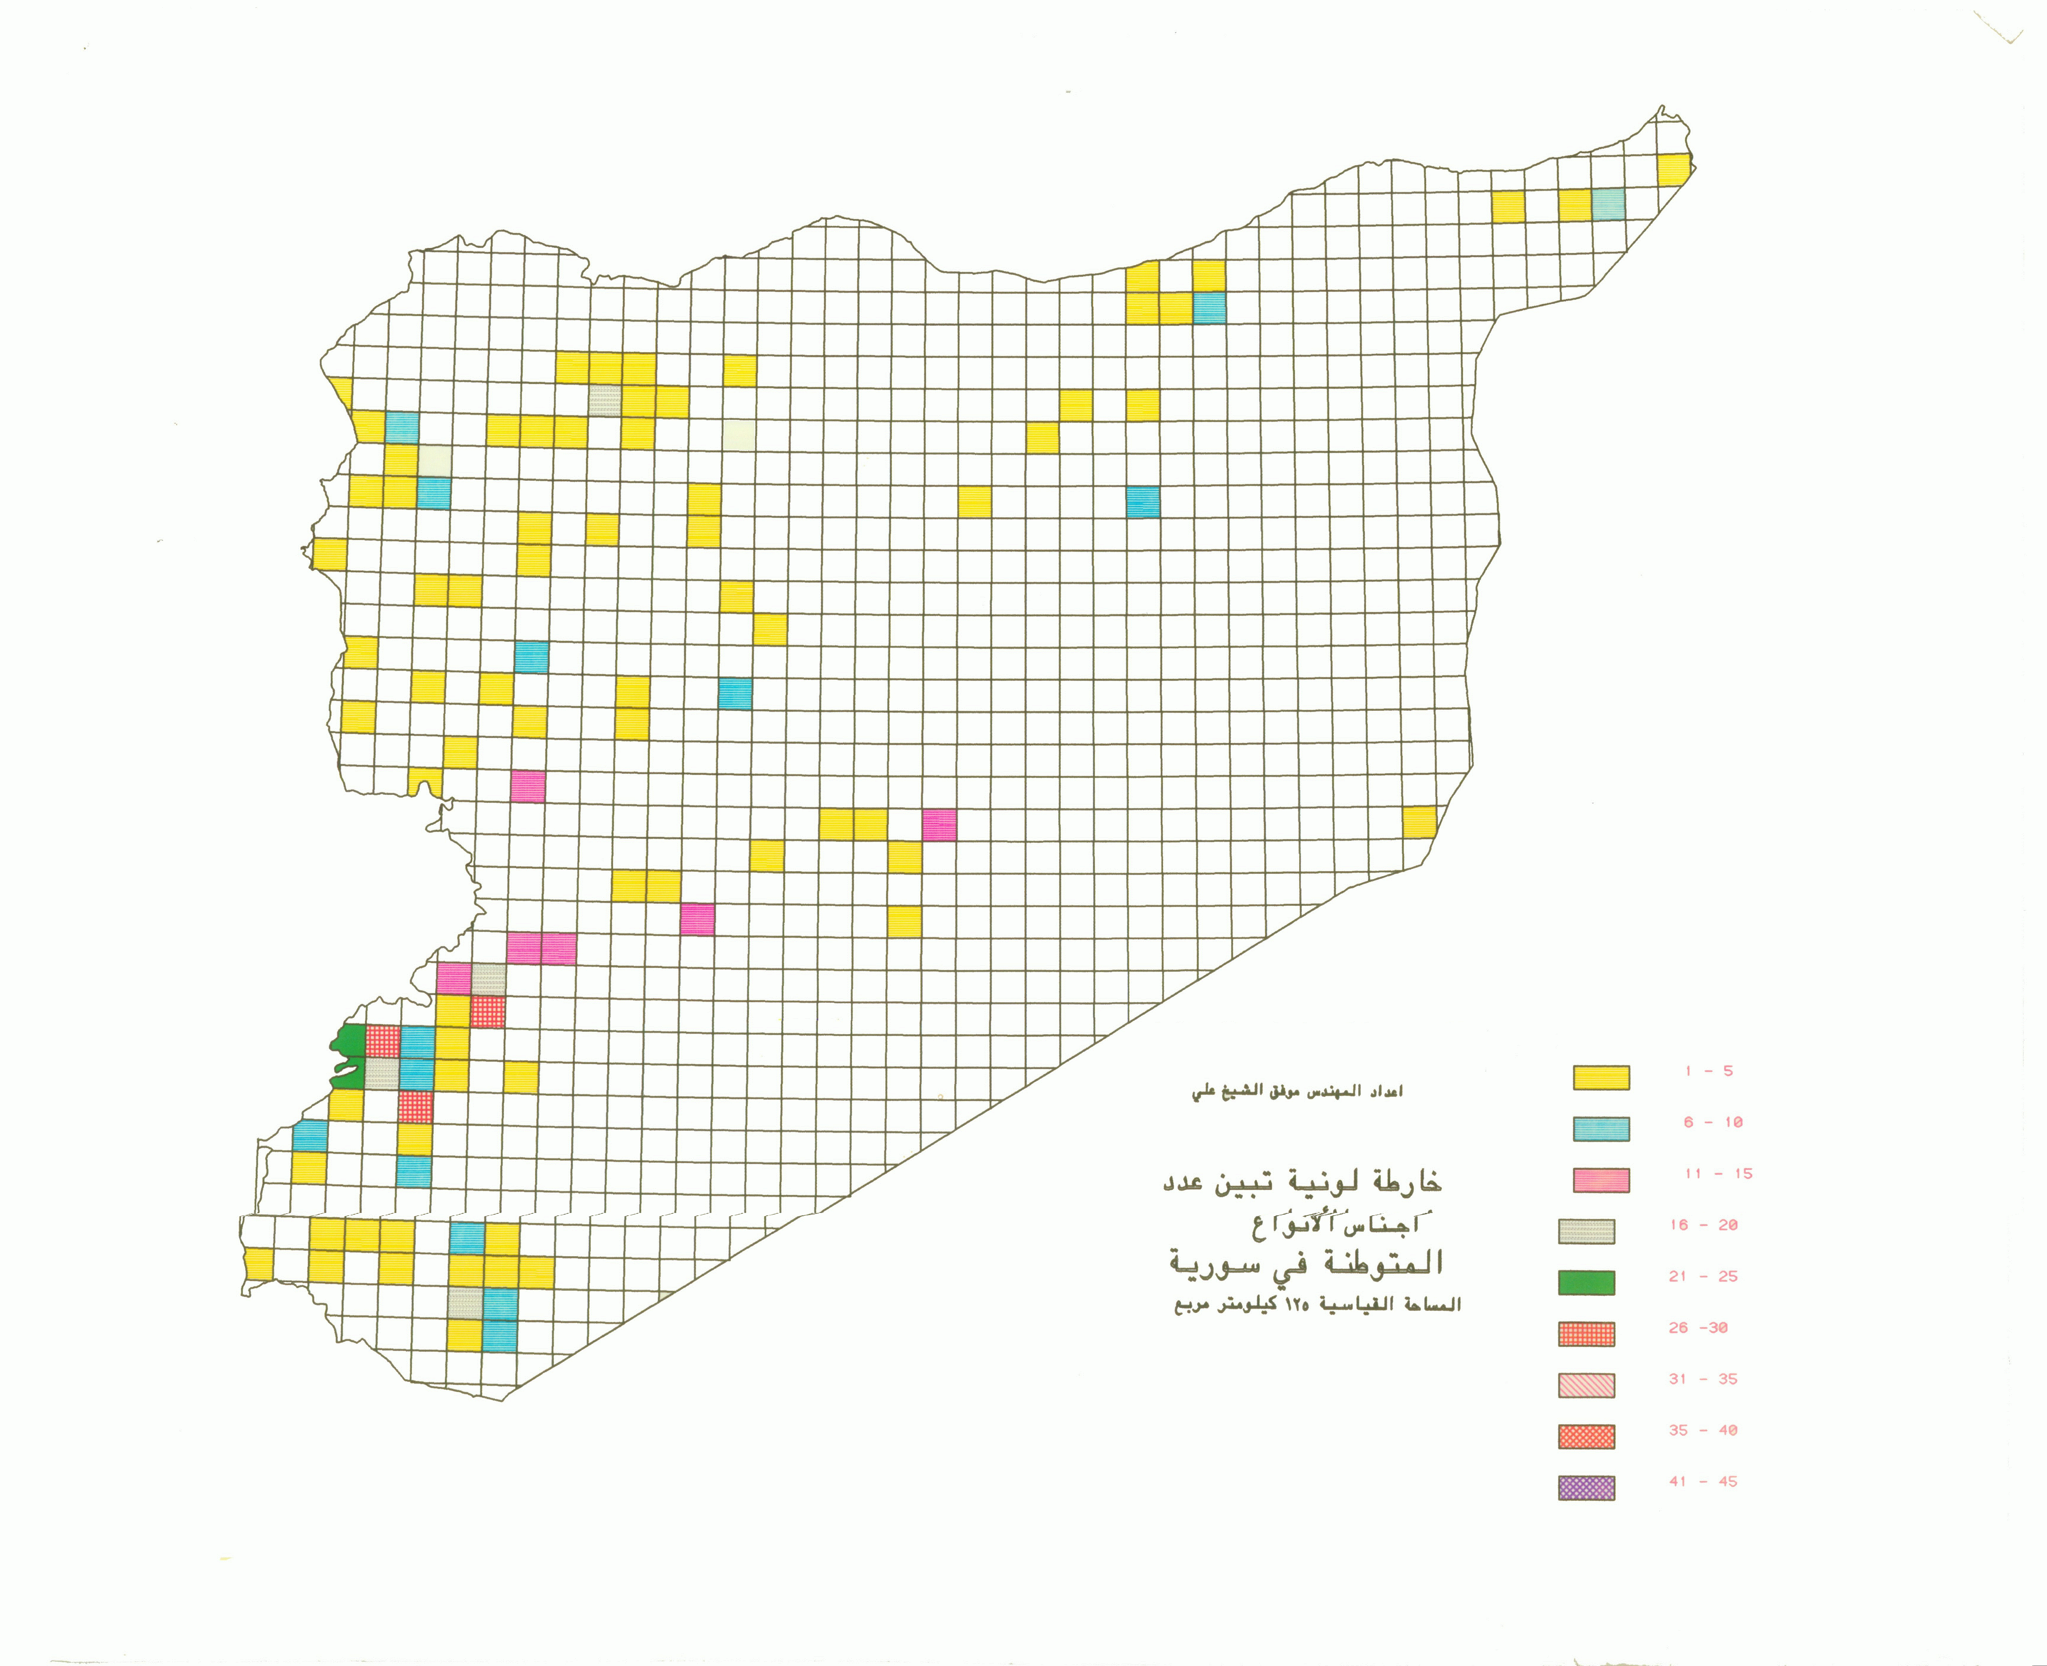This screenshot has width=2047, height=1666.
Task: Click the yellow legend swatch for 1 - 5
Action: (1601, 1077)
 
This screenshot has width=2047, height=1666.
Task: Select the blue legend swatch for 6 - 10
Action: (1601, 1129)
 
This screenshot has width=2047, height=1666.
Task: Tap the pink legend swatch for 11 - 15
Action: (1601, 1180)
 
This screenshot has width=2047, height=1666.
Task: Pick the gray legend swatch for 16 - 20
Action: (1586, 1231)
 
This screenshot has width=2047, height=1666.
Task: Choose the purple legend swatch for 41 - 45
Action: (1586, 1488)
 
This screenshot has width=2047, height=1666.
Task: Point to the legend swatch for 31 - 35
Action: (1586, 1385)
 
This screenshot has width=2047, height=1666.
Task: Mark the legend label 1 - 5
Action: (1708, 1071)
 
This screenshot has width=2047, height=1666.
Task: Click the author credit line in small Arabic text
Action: (1297, 1092)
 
